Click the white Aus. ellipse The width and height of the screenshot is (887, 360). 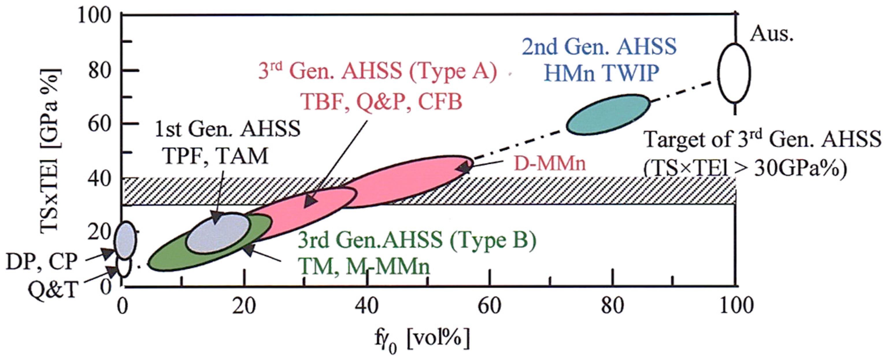point(736,73)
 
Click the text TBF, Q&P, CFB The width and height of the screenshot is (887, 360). point(382,102)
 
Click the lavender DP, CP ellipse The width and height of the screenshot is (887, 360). point(126,240)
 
